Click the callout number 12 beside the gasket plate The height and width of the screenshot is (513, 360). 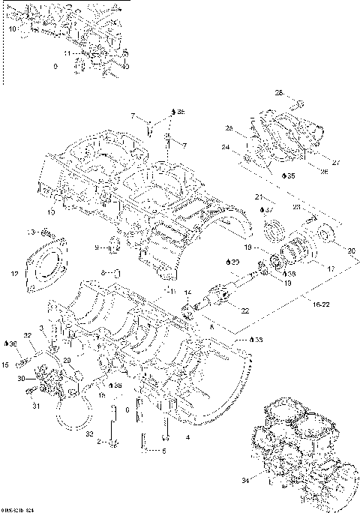click(14, 274)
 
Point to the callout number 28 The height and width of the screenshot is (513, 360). click(278, 94)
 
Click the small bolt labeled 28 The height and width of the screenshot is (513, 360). click(297, 103)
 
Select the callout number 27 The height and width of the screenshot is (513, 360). click(335, 161)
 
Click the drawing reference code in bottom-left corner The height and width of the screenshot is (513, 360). click(18, 509)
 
